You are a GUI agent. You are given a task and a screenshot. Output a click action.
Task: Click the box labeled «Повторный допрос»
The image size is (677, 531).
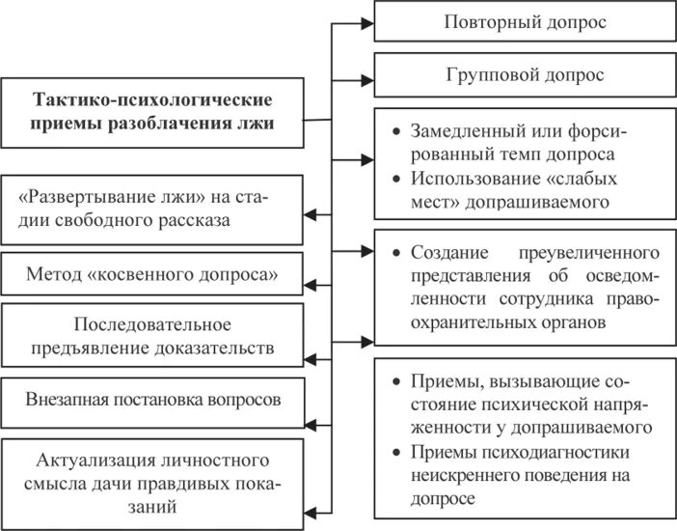(525, 22)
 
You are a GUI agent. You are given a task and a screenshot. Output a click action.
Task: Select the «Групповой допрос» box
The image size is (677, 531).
(525, 74)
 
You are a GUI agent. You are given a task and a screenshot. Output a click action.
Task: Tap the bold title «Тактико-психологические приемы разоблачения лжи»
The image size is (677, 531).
(154, 111)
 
